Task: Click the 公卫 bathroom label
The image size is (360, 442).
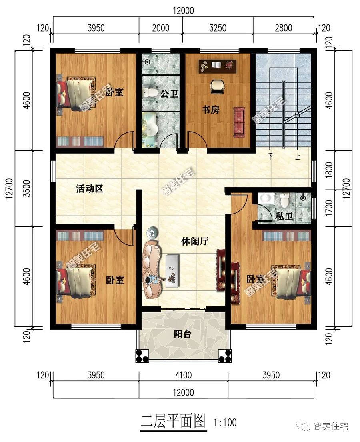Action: tap(169, 94)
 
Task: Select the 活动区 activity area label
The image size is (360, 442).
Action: tap(90, 189)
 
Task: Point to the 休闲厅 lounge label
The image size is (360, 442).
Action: tap(195, 241)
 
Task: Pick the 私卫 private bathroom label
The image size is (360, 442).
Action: tap(284, 216)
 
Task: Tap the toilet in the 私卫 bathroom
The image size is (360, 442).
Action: tap(284, 200)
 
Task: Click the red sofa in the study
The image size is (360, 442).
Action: tap(239, 122)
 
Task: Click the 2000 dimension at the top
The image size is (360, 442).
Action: tap(161, 28)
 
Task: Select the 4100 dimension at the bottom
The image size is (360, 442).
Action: tap(183, 375)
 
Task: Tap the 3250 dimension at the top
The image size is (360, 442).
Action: tap(218, 28)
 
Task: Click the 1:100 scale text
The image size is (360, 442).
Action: tap(225, 422)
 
